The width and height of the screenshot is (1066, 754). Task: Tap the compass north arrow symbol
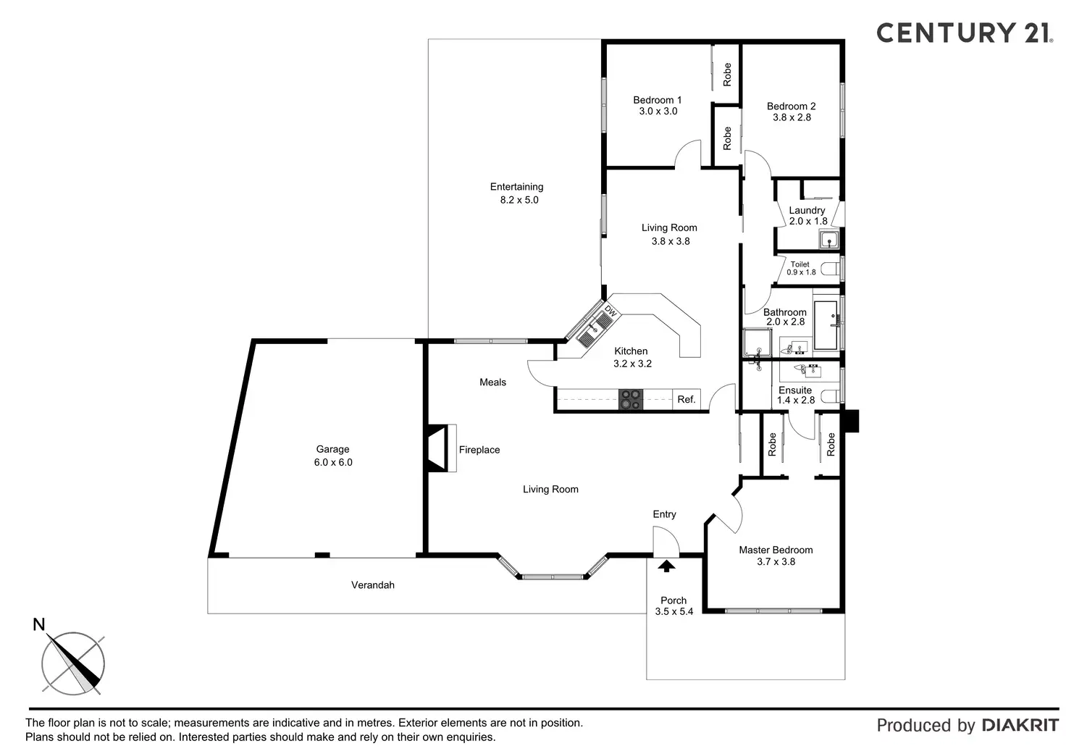72,662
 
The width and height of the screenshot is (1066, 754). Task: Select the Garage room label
333,449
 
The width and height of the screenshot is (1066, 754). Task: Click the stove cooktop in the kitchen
630,400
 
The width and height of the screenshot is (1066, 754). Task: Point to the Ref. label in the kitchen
687,399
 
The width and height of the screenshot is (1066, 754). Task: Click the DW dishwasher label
610,312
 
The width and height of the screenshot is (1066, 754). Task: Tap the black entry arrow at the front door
666,566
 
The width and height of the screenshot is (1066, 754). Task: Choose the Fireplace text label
479,450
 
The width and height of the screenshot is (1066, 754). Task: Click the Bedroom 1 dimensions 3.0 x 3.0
658,112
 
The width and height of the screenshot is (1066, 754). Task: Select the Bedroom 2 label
792,106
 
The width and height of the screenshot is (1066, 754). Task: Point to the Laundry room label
807,210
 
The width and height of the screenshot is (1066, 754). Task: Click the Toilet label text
800,264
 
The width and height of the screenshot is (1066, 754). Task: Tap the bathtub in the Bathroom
826,325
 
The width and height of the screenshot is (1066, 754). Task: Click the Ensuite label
795,390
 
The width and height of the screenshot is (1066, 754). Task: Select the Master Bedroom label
776,550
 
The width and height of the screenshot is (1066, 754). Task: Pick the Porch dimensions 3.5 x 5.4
673,611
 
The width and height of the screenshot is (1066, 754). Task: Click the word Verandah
373,585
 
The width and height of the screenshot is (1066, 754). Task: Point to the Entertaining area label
516,187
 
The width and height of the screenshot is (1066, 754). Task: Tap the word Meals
492,382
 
